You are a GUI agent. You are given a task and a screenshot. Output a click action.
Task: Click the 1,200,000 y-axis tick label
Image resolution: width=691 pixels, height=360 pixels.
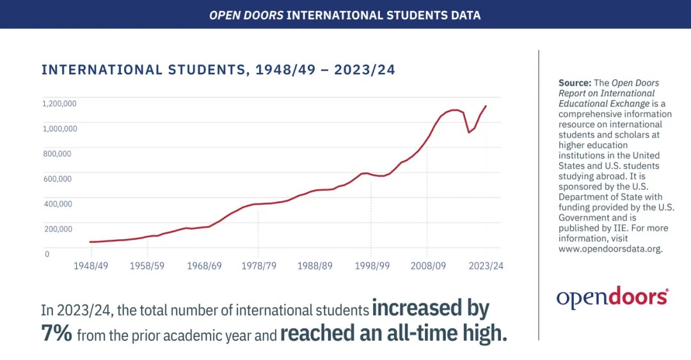[60, 103]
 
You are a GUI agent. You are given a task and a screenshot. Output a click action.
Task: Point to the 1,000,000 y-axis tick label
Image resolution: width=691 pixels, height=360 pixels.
[60, 128]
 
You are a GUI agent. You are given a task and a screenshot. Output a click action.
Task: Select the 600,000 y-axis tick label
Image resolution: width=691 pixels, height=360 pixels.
[58, 178]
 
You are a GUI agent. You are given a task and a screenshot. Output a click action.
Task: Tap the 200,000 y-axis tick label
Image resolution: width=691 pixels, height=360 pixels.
[58, 228]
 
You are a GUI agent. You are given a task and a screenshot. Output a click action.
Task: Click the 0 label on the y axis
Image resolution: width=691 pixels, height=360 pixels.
[47, 254]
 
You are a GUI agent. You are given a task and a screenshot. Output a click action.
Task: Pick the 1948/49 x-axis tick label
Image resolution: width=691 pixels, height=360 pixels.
[90, 266]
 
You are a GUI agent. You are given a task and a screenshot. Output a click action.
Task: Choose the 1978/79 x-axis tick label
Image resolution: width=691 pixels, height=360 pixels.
[258, 266]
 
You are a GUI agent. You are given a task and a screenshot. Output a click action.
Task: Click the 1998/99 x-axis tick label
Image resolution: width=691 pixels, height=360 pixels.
[372, 266]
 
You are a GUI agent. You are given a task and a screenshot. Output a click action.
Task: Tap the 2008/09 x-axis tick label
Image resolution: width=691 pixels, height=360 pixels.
[428, 266]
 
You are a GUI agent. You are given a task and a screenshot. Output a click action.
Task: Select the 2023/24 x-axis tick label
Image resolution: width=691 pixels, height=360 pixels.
[485, 266]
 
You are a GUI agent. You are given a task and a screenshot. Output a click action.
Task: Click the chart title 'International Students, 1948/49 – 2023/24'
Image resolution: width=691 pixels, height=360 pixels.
[218, 70]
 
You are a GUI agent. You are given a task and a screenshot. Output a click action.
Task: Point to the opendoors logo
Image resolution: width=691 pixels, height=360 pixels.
[612, 297]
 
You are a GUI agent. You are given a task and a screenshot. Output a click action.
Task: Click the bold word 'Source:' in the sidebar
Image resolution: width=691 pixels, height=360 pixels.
[575, 83]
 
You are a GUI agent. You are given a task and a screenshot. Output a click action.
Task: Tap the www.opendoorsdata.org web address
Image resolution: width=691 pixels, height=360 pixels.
[610, 249]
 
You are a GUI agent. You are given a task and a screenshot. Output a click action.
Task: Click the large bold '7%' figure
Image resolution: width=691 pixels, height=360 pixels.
[57, 333]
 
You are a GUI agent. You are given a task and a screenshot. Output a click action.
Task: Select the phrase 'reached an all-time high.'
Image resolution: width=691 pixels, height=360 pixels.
[393, 333]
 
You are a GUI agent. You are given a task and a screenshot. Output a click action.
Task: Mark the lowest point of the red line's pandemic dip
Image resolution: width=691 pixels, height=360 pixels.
[469, 132]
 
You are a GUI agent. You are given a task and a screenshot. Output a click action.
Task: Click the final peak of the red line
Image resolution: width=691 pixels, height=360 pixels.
[486, 106]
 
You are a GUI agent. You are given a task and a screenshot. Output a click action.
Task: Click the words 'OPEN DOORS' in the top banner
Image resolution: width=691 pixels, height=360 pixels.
[246, 14]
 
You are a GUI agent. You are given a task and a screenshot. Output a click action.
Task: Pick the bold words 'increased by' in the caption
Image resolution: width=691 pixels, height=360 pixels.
[431, 309]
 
